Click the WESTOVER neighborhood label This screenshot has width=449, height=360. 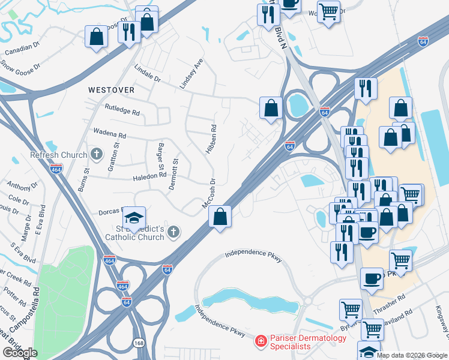coord(111,89)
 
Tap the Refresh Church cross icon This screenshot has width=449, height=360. coord(96,155)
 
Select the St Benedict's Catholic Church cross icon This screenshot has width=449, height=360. coord(173,232)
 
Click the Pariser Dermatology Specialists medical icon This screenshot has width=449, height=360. coord(261,342)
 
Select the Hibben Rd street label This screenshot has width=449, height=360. coord(211,139)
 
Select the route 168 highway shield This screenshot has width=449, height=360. coord(138,343)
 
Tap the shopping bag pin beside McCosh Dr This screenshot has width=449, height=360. coord(220,217)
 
